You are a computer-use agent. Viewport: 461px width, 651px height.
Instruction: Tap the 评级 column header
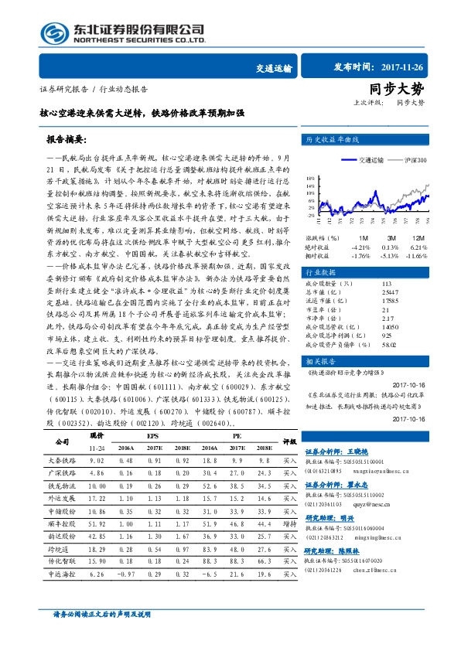pyautogui.click(x=289, y=441)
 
